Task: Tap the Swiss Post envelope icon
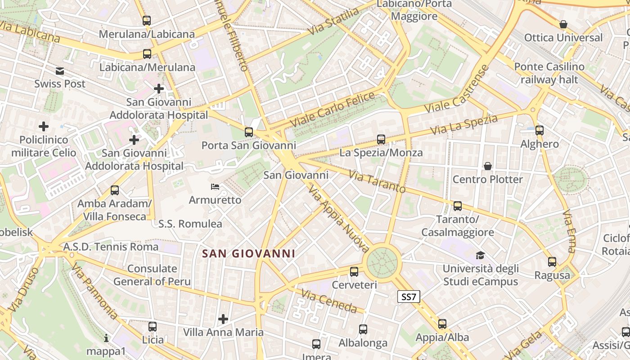pos(60,71)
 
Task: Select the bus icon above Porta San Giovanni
pos(249,132)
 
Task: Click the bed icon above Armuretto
pos(215,187)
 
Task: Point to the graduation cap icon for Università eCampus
pos(481,256)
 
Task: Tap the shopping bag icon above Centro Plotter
pos(488,166)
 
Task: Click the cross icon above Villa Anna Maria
pos(223,319)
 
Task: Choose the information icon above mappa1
pos(106,338)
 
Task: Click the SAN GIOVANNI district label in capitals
pos(248,254)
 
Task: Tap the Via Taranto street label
pos(377,181)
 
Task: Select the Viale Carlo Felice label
pos(332,109)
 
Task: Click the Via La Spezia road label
pos(464,125)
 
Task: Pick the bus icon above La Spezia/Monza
pos(381,139)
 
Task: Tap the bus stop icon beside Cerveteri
pos(354,272)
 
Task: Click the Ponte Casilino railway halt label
pos(549,73)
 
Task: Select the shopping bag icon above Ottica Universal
pos(563,24)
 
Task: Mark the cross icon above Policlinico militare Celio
pos(44,126)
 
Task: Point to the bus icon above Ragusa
pos(552,262)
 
